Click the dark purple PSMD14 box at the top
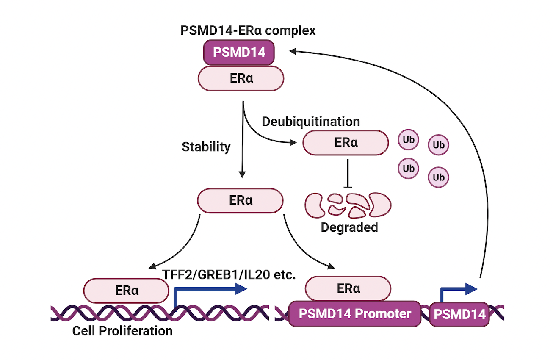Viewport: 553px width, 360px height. [x=239, y=52]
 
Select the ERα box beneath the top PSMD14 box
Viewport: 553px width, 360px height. [x=241, y=78]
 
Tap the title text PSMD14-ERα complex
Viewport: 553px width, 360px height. [x=248, y=31]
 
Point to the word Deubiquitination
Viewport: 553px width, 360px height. [x=311, y=122]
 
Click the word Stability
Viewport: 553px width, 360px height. [x=206, y=147]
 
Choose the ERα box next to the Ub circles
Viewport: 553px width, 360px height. [x=346, y=143]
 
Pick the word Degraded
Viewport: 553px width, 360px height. [x=349, y=227]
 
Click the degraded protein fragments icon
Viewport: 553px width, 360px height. [x=348, y=205]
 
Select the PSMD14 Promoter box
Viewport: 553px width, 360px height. [x=355, y=314]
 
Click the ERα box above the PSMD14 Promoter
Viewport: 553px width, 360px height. [x=348, y=289]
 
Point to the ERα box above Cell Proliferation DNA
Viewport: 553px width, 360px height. [x=127, y=291]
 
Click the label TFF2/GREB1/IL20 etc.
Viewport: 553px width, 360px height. [x=229, y=275]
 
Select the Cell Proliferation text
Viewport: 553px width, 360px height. [x=122, y=330]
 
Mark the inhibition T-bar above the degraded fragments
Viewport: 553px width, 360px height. [x=348, y=187]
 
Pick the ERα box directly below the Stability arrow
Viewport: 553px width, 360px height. [x=241, y=200]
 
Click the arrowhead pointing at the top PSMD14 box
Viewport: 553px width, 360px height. [x=293, y=51]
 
